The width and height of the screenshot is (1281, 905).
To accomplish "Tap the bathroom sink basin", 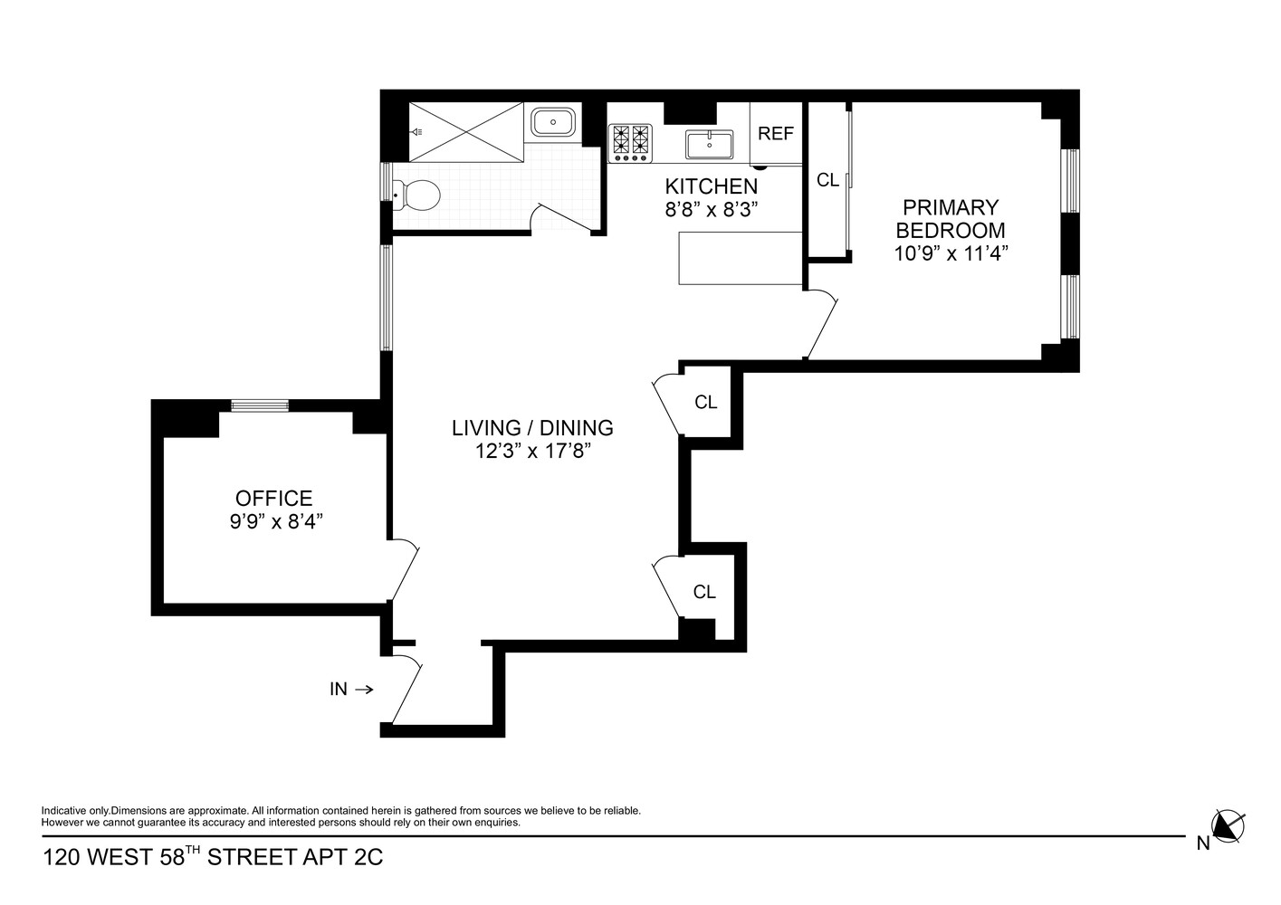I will pos(551,122).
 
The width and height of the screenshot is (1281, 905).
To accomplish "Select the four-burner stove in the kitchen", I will pos(631,143).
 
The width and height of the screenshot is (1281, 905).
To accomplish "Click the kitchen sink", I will pos(709,143).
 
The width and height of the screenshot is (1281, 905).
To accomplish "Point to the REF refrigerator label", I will pos(776,134).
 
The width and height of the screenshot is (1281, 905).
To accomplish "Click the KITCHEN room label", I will pos(711,186).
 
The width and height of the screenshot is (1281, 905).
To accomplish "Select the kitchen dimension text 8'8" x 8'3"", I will pos(711,209).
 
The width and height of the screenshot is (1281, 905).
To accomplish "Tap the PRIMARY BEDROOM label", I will pos(951,219).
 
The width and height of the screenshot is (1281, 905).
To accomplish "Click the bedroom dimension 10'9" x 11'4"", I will pos(951,253).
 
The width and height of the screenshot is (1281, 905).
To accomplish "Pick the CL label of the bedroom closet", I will pos(827,180).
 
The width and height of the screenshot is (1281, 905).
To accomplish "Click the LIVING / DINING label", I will pos(532,428).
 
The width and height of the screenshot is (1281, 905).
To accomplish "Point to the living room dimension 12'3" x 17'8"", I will pos(532,451).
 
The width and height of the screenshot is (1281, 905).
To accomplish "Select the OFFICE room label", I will pos(273,499).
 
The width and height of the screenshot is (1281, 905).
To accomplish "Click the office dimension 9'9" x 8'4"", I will pos(275,521).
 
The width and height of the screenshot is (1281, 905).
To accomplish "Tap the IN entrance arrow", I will pos(363,690).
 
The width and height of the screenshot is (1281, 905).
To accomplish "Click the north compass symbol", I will pos(1228,825).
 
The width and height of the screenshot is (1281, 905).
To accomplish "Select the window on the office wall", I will pos(260,405).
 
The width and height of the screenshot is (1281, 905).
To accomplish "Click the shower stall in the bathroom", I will pos(466,132).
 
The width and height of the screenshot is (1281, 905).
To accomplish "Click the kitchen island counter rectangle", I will pos(741,258).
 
